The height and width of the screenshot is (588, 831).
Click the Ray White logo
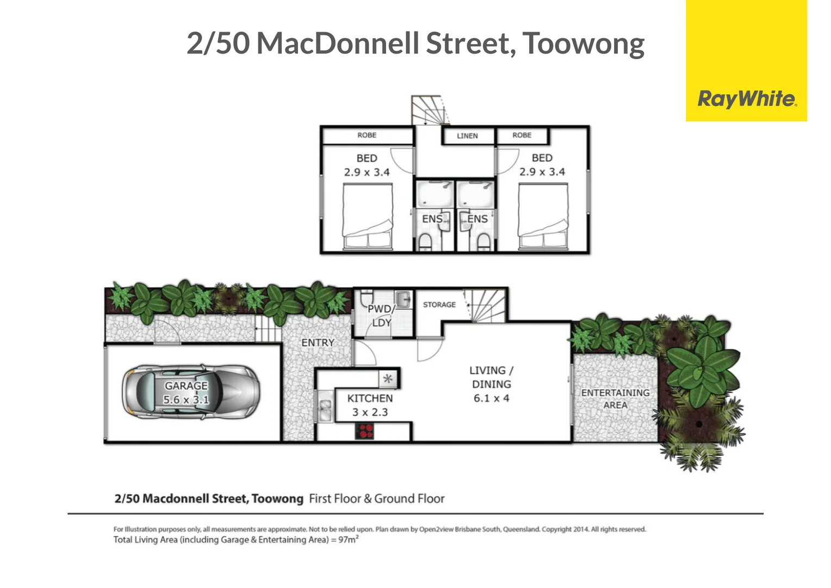[746, 99]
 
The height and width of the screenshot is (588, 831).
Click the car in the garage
[190, 392]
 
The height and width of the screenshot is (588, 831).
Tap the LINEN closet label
[467, 136]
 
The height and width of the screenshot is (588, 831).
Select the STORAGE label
[439, 304]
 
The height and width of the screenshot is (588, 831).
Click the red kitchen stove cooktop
[365, 431]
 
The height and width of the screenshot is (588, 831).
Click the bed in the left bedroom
[367, 217]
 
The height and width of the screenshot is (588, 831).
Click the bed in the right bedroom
[543, 217]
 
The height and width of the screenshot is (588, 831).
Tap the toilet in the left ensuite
[425, 241]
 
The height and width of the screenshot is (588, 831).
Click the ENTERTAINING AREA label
[615, 399]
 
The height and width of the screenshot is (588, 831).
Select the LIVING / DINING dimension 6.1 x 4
[491, 399]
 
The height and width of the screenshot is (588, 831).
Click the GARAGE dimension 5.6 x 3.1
[186, 400]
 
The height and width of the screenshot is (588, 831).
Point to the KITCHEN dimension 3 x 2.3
[370, 413]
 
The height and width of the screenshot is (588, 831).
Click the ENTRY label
[318, 342]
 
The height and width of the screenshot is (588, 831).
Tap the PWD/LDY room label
[380, 316]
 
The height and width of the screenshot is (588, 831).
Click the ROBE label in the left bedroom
[367, 135]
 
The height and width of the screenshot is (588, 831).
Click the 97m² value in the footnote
[348, 540]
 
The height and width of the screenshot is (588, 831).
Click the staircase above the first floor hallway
[430, 111]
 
